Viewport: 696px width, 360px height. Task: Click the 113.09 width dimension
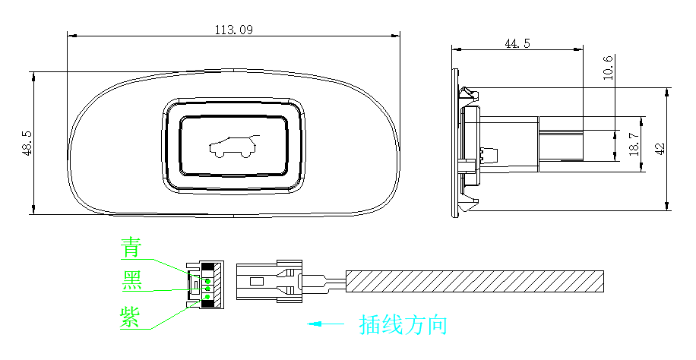pos(233,30)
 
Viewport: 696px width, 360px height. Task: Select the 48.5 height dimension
pos(27,143)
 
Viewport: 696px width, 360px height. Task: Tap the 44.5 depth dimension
pos(517,43)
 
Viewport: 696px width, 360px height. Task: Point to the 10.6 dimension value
pos(608,68)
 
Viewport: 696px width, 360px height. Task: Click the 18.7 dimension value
pos(634,145)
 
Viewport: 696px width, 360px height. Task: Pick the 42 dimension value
pos(660,148)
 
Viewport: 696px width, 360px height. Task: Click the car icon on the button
pos(234,146)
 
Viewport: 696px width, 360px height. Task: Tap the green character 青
pos(131,248)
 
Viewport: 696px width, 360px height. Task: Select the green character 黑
pos(132,279)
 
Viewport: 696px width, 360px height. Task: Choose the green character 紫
pos(130,317)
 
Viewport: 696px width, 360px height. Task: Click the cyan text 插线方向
pos(403,324)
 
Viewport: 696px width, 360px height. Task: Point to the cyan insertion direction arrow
pos(325,324)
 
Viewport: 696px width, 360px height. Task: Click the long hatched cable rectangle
pos(475,282)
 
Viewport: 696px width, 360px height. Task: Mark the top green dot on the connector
pos(207,282)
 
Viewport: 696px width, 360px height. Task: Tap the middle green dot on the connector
pos(207,289)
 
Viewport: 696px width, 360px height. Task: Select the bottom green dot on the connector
pos(207,297)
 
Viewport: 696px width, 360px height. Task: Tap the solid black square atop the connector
pos(207,267)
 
